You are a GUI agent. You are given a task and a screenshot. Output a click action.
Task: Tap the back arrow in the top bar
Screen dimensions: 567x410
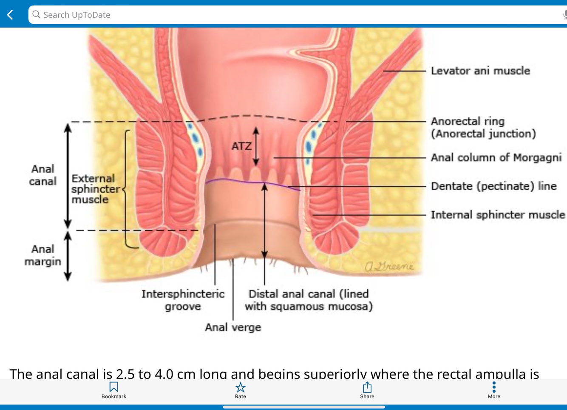pos(10,15)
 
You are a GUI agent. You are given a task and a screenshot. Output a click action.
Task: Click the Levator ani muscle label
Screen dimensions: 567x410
pos(480,71)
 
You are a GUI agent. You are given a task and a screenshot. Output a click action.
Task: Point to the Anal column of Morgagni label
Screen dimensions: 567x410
pos(496,158)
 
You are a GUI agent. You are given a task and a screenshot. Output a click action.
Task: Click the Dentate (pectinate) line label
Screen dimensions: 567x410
pos(493,186)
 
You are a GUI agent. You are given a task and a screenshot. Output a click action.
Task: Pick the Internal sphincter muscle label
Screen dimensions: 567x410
pos(498,215)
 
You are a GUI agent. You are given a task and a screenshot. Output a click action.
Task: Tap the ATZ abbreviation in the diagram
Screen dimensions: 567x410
pos(241,146)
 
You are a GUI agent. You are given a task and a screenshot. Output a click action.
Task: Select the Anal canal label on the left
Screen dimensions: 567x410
pos(43,175)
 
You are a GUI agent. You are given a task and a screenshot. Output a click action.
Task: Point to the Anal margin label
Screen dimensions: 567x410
pos(43,255)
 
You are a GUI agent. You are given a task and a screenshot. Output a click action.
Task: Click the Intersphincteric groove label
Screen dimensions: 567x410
pos(183,300)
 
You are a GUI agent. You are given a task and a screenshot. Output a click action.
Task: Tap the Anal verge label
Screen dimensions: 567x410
pos(233,327)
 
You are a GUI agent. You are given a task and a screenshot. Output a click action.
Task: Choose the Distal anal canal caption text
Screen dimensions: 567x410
pos(309,300)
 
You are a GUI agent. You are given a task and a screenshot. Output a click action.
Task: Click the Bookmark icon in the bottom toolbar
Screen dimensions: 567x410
pos(113,387)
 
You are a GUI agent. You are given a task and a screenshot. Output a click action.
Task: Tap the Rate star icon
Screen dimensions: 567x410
pos(240,387)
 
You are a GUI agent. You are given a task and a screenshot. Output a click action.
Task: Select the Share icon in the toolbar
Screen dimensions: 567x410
pos(367,387)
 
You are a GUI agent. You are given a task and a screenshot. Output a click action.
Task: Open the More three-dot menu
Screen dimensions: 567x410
pos(494,387)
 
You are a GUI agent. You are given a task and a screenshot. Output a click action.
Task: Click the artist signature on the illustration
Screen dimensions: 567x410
pos(389,267)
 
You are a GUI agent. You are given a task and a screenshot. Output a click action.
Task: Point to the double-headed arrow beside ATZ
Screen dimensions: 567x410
pos(256,146)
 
